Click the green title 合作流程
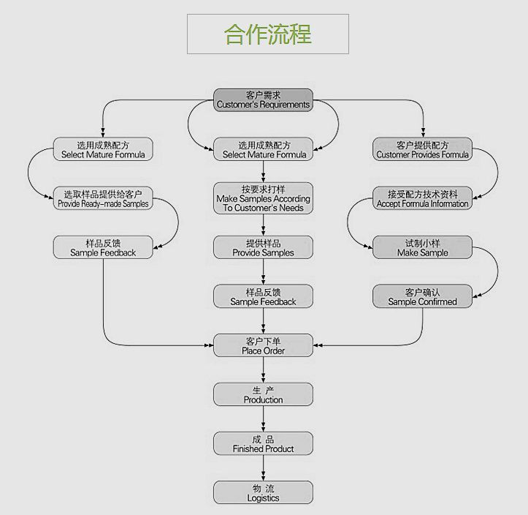(267, 34)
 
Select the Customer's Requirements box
(263, 100)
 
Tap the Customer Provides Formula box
(423, 149)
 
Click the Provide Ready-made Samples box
(103, 198)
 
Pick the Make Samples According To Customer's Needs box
(263, 198)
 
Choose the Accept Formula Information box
(423, 198)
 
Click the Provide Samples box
(263, 247)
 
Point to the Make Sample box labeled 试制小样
(423, 247)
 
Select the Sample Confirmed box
(423, 296)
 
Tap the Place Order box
(263, 345)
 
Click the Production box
(263, 394)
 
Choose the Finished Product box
(263, 443)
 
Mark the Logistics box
(263, 492)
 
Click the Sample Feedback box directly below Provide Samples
(263, 296)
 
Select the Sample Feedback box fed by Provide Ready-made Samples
(103, 247)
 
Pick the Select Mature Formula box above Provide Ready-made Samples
(103, 149)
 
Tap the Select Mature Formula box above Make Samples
(263, 149)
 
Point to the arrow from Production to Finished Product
(263, 419)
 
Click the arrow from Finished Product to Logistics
(263, 468)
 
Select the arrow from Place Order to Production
(263, 370)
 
